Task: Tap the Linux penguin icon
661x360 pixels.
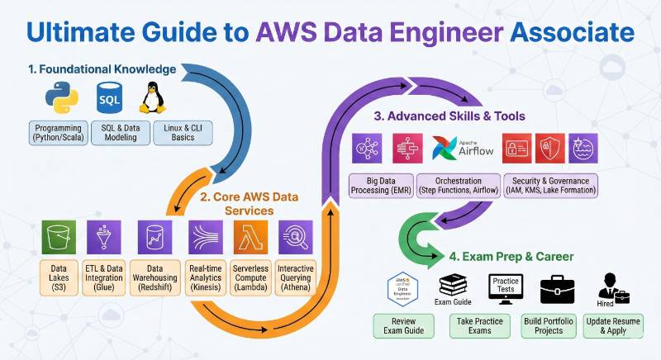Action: pyautogui.click(x=150, y=99)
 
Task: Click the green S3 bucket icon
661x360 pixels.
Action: pyautogui.click(x=59, y=239)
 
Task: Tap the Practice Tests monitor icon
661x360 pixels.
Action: pyautogui.click(x=506, y=289)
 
